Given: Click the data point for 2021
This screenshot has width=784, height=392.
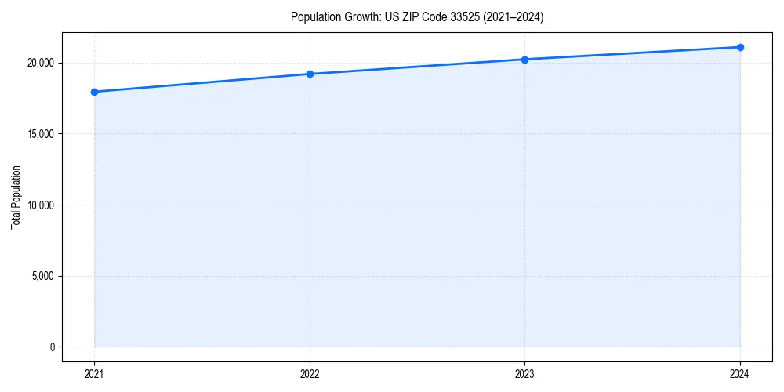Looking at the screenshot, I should click(94, 92).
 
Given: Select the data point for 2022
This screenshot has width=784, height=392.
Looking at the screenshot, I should click(310, 74).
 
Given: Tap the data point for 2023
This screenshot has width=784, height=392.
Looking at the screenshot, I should click(524, 60).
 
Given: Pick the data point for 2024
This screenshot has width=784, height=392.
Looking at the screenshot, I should click(740, 47).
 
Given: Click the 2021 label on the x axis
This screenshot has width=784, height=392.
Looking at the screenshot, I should click(94, 374).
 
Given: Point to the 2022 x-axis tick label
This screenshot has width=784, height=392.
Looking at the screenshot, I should click(310, 374).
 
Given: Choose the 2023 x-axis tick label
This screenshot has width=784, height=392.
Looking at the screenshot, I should click(524, 374).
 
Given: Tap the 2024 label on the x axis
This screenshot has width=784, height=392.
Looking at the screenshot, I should click(740, 374).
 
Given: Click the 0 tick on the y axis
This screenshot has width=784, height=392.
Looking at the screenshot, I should click(51, 347).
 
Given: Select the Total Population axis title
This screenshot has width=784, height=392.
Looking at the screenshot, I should click(16, 197).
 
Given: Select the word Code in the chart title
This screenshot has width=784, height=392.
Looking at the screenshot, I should click(430, 17).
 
